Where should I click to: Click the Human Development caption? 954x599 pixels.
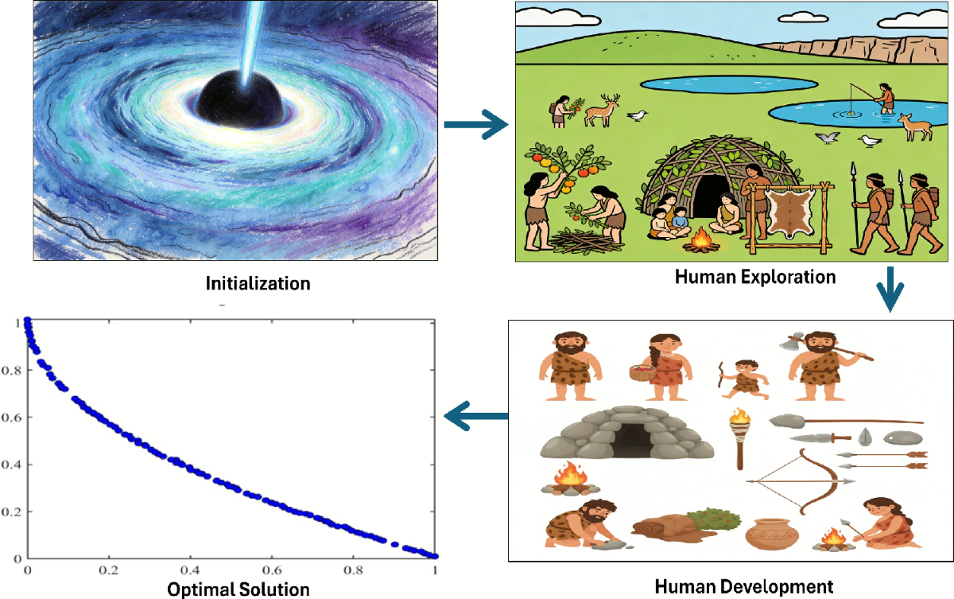pyautogui.click(x=744, y=587)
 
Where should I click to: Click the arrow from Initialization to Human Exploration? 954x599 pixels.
pyautogui.click(x=475, y=125)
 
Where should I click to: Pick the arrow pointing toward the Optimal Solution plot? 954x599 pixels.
pyautogui.click(x=475, y=415)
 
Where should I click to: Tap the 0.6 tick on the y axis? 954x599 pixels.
pyautogui.click(x=14, y=417)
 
